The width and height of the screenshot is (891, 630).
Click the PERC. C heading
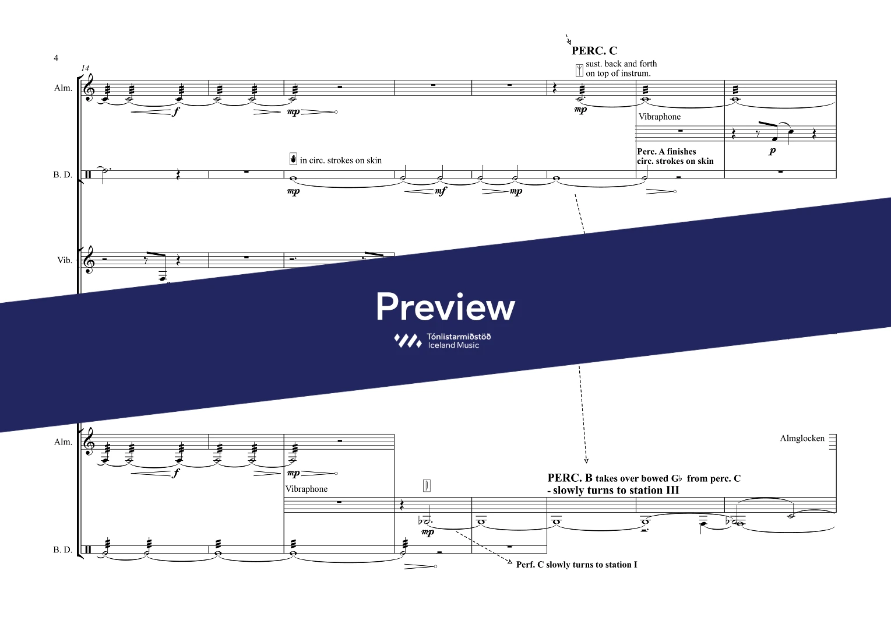tap(594, 51)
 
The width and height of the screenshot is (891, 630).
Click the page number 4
tap(56, 58)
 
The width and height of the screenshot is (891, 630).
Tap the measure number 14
tap(86, 68)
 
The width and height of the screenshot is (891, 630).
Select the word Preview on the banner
tap(445, 307)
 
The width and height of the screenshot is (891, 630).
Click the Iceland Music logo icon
tap(407, 341)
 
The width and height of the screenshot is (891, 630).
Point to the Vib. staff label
tap(65, 260)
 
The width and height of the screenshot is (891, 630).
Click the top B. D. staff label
tap(63, 174)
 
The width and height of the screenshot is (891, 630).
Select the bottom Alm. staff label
tap(63, 442)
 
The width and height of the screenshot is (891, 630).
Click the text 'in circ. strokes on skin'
tap(340, 160)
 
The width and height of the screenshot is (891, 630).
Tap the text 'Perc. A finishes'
tap(666, 152)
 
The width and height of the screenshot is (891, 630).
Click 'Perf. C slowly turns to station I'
tap(576, 565)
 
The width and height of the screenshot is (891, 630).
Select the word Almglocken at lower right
tap(802, 439)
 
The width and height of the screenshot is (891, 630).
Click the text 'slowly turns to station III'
tap(615, 491)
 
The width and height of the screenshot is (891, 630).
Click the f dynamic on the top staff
tap(175, 112)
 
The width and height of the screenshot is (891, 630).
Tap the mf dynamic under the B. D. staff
tap(441, 191)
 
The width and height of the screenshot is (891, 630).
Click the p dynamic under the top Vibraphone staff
tap(772, 151)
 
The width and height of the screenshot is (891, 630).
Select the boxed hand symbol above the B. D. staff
tap(293, 159)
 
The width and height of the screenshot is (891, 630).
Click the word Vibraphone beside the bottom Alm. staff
tap(307, 489)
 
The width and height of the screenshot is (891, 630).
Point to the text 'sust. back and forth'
tap(621, 64)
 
